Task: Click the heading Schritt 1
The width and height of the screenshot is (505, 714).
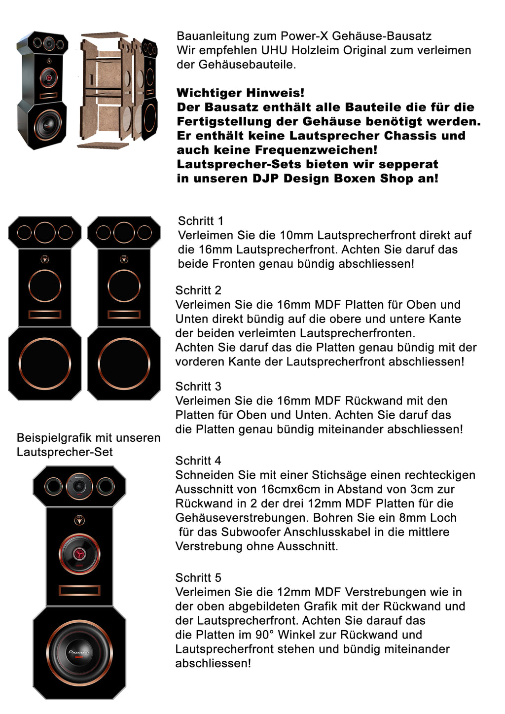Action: point(200,221)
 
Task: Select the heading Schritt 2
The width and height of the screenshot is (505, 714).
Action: point(198,290)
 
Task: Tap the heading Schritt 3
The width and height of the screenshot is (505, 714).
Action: point(198,387)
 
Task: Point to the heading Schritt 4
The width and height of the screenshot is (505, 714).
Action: point(198,461)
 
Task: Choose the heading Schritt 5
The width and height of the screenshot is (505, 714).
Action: point(198,578)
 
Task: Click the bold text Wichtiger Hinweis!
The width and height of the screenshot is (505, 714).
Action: point(240,93)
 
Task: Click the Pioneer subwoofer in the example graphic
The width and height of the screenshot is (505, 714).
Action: point(79,652)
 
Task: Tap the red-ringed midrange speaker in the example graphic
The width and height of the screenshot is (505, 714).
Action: point(79,554)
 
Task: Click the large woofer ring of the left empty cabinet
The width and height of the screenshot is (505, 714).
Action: point(45,363)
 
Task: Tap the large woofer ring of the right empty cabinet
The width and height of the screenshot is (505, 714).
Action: point(124,363)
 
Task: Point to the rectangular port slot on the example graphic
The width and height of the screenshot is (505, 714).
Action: point(79,590)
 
